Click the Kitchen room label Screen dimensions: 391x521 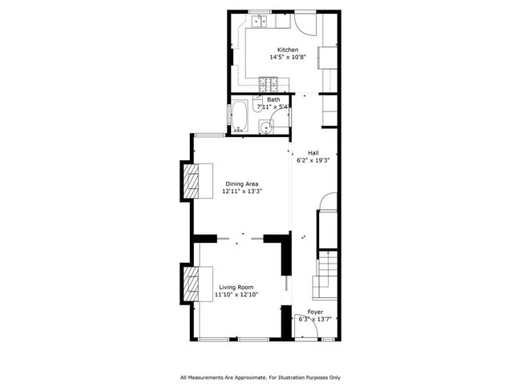click(288, 50)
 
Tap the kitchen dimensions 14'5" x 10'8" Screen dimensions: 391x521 click(288, 58)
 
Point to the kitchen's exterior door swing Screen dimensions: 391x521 click(305, 22)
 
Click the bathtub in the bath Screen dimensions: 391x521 click(239, 116)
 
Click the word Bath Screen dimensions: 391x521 click(273, 99)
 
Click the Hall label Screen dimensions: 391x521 click(313, 151)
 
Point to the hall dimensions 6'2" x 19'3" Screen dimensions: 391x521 click(313, 159)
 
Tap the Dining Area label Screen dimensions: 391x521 click(242, 183)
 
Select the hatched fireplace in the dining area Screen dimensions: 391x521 click(192, 182)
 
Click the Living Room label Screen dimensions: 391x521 click(236, 287)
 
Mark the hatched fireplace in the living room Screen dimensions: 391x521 click(192, 284)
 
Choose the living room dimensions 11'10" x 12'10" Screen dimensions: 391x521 click(236, 295)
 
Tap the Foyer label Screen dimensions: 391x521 click(315, 312)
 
